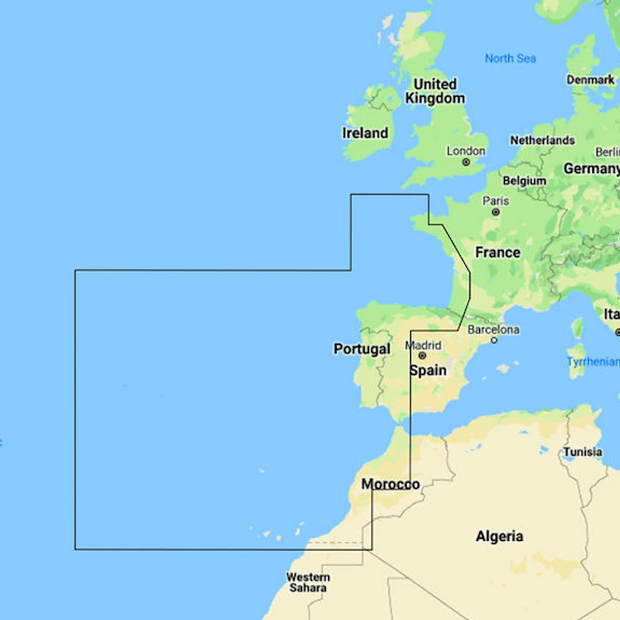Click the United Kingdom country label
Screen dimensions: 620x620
(435, 91)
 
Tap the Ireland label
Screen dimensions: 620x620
(365, 133)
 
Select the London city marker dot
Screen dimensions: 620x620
(466, 162)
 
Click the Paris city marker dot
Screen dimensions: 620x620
(495, 212)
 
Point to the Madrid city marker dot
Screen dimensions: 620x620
(422, 356)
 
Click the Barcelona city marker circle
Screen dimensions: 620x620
(494, 340)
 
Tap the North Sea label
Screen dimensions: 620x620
(510, 58)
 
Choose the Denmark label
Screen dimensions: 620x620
(590, 79)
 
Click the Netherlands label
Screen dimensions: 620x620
(542, 141)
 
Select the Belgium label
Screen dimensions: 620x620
(525, 181)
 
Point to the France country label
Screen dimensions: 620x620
(497, 252)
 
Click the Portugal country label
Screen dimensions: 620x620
(362, 349)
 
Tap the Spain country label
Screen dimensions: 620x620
(428, 371)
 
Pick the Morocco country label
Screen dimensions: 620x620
(390, 484)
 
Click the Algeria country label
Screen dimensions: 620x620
(499, 536)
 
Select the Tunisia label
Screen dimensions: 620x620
(582, 452)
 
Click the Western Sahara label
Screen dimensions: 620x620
(308, 582)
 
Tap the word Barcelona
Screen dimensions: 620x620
(494, 329)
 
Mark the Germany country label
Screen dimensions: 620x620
(591, 169)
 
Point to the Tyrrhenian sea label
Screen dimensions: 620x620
(593, 362)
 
